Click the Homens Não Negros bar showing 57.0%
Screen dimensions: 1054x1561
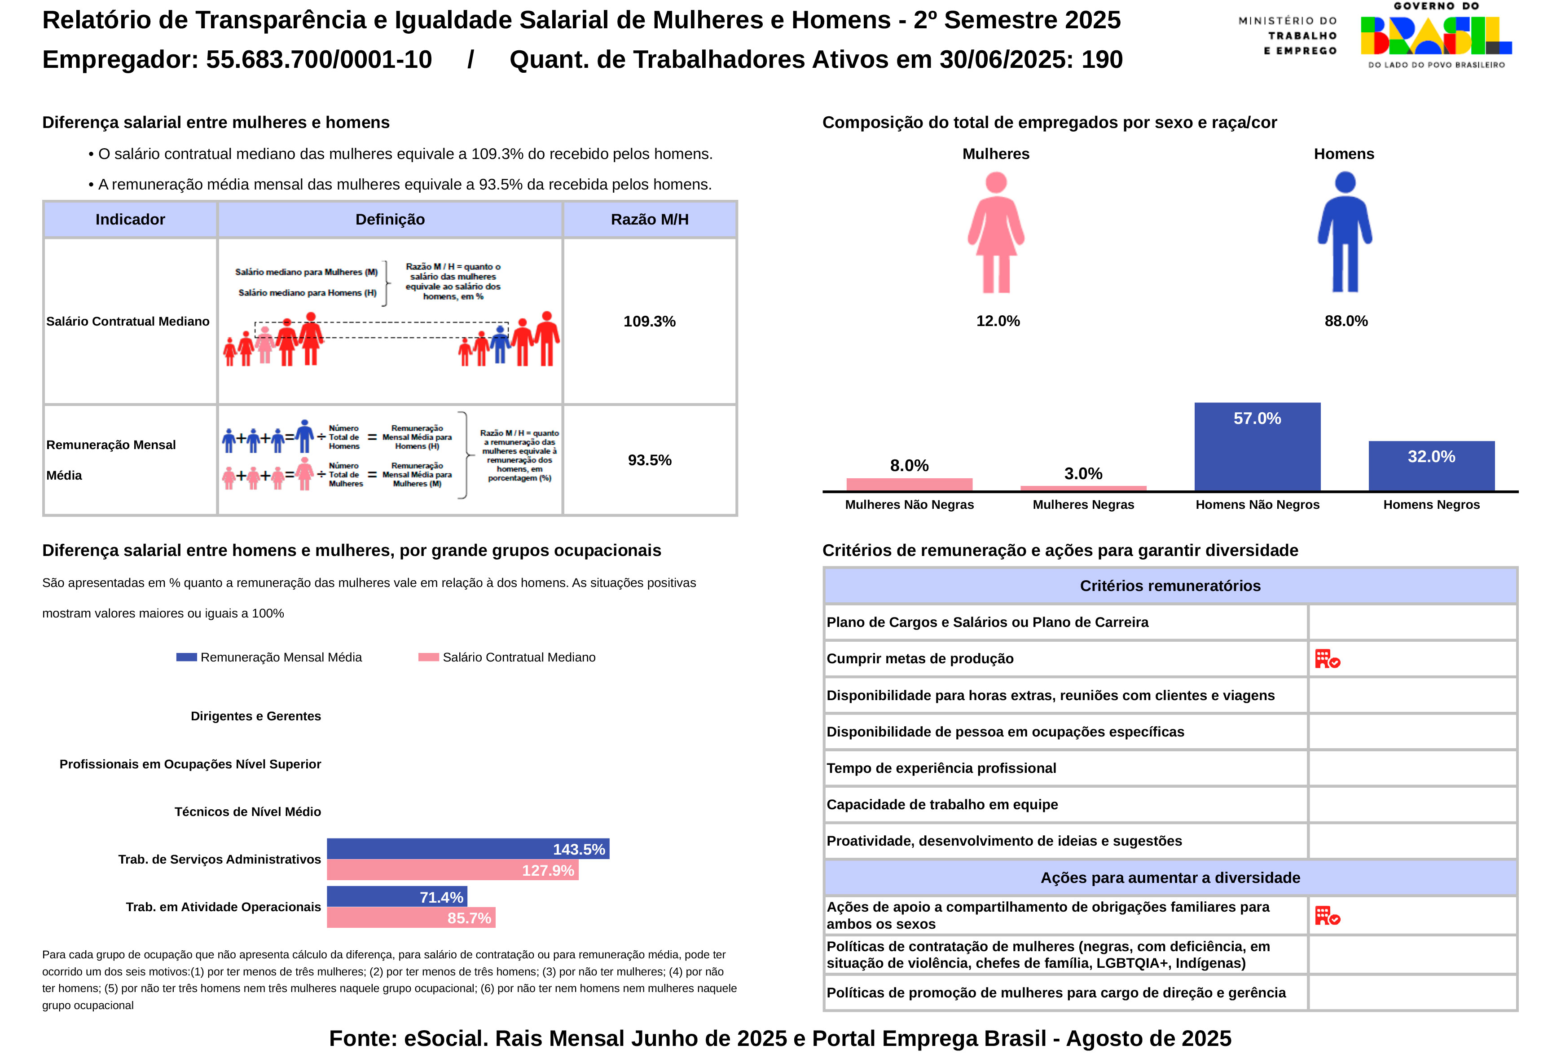tap(1257, 447)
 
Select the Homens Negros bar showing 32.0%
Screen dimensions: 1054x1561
tap(1431, 466)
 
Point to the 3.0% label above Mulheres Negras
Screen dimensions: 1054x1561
tap(1083, 474)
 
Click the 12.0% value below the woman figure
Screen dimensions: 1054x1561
tap(998, 321)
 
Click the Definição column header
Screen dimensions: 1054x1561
tap(390, 220)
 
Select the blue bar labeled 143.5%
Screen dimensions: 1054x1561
tap(467, 848)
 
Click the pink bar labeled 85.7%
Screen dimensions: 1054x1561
tap(410, 917)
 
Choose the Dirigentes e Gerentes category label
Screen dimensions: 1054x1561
tap(255, 716)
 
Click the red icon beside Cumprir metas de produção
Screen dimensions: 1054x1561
tap(1327, 659)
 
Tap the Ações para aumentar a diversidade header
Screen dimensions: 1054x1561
tap(1170, 878)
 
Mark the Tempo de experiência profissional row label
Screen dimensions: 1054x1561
tap(941, 768)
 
